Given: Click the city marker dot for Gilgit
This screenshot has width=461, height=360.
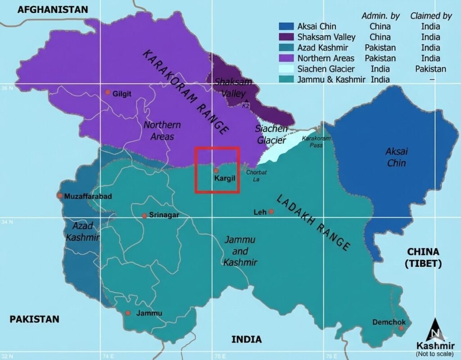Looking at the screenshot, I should [108, 92].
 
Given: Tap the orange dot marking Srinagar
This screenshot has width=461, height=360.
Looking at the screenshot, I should [144, 216].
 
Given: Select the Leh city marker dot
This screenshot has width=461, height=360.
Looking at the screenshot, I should [271, 211].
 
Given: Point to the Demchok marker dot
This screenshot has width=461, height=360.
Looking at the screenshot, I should [401, 328].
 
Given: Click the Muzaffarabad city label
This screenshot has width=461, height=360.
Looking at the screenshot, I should [88, 196].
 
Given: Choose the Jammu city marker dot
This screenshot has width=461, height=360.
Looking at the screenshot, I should [128, 313].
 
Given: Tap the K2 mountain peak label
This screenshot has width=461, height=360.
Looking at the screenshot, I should [245, 106].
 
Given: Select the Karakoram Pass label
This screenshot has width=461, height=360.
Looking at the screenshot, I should [316, 142].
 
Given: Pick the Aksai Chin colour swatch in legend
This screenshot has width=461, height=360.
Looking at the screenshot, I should [286, 27].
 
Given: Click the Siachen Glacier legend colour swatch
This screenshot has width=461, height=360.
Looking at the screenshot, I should [286, 69].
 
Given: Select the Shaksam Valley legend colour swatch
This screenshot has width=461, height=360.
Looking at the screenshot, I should [286, 37].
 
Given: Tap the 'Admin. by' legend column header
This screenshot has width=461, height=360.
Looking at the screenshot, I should [380, 16].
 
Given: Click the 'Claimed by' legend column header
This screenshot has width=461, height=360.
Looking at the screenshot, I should [431, 16].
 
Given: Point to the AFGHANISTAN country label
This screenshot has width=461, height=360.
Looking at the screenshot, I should [53, 9].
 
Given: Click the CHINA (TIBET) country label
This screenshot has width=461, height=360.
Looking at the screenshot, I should [423, 257].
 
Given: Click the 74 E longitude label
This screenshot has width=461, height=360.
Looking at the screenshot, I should [108, 356].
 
